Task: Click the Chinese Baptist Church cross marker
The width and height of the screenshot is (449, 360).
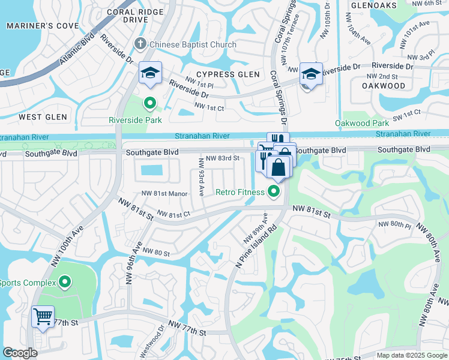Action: [x=140, y=43]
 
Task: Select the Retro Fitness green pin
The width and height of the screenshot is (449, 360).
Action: [x=274, y=192]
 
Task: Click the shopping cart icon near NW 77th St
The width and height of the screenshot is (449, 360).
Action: [x=43, y=316]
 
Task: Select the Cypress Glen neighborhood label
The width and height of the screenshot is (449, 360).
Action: [x=228, y=74]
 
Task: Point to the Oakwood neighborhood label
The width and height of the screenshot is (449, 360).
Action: [x=384, y=86]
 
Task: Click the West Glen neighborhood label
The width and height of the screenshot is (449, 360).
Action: [x=43, y=116]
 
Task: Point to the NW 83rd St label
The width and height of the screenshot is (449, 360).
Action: [x=222, y=158]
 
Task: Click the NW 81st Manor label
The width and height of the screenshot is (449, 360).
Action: [x=165, y=193]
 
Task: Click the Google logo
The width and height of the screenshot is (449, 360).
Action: [x=20, y=353]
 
